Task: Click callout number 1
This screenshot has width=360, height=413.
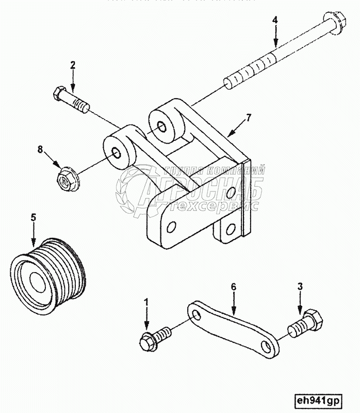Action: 146,300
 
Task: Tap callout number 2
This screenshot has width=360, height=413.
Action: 73,65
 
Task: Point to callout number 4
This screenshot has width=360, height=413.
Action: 275,20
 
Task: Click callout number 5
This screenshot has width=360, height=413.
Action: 34,217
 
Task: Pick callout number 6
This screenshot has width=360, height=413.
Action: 233,286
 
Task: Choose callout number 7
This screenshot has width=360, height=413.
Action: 249,118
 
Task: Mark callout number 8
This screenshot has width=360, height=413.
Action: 39,150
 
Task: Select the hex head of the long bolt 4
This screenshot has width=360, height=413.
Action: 331,22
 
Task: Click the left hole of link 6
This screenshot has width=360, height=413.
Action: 195,314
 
